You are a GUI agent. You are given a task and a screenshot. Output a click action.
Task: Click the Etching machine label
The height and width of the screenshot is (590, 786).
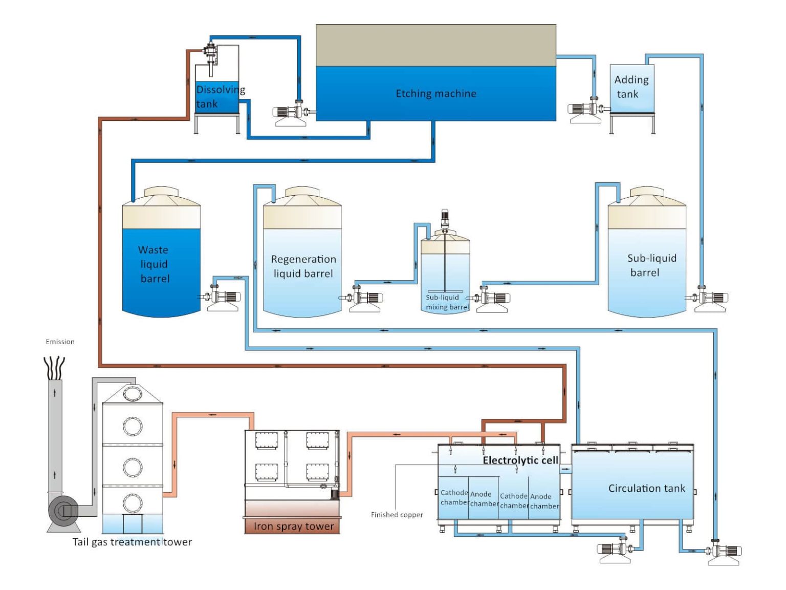[435, 94]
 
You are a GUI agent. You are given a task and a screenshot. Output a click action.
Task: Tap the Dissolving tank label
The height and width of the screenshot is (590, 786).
[220, 97]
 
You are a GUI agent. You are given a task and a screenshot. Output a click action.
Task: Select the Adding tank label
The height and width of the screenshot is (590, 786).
[631, 87]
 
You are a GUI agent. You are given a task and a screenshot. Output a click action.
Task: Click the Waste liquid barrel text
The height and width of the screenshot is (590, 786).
[154, 264]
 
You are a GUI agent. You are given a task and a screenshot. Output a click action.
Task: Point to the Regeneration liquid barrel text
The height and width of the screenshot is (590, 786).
[303, 266]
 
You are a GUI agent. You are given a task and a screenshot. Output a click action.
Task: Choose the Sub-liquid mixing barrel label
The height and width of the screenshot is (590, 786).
[447, 302]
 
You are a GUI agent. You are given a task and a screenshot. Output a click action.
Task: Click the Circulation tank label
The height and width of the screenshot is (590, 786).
[646, 489]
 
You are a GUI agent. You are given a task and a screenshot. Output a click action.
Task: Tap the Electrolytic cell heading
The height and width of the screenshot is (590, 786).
[520, 460]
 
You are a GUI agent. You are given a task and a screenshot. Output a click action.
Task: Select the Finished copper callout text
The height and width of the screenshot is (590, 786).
[397, 515]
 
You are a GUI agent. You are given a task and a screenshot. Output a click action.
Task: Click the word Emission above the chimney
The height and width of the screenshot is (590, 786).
[60, 342]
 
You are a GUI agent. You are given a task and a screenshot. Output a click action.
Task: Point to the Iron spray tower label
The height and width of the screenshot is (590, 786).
[293, 526]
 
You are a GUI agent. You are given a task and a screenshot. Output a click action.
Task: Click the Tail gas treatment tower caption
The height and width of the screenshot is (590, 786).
[132, 542]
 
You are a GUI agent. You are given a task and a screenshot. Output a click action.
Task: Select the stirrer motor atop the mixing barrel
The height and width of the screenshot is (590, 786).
[445, 218]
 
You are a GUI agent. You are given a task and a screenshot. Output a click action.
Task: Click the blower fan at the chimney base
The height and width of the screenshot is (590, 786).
[63, 511]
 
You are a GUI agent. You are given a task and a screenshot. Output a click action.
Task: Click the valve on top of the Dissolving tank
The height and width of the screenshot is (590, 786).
[210, 50]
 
